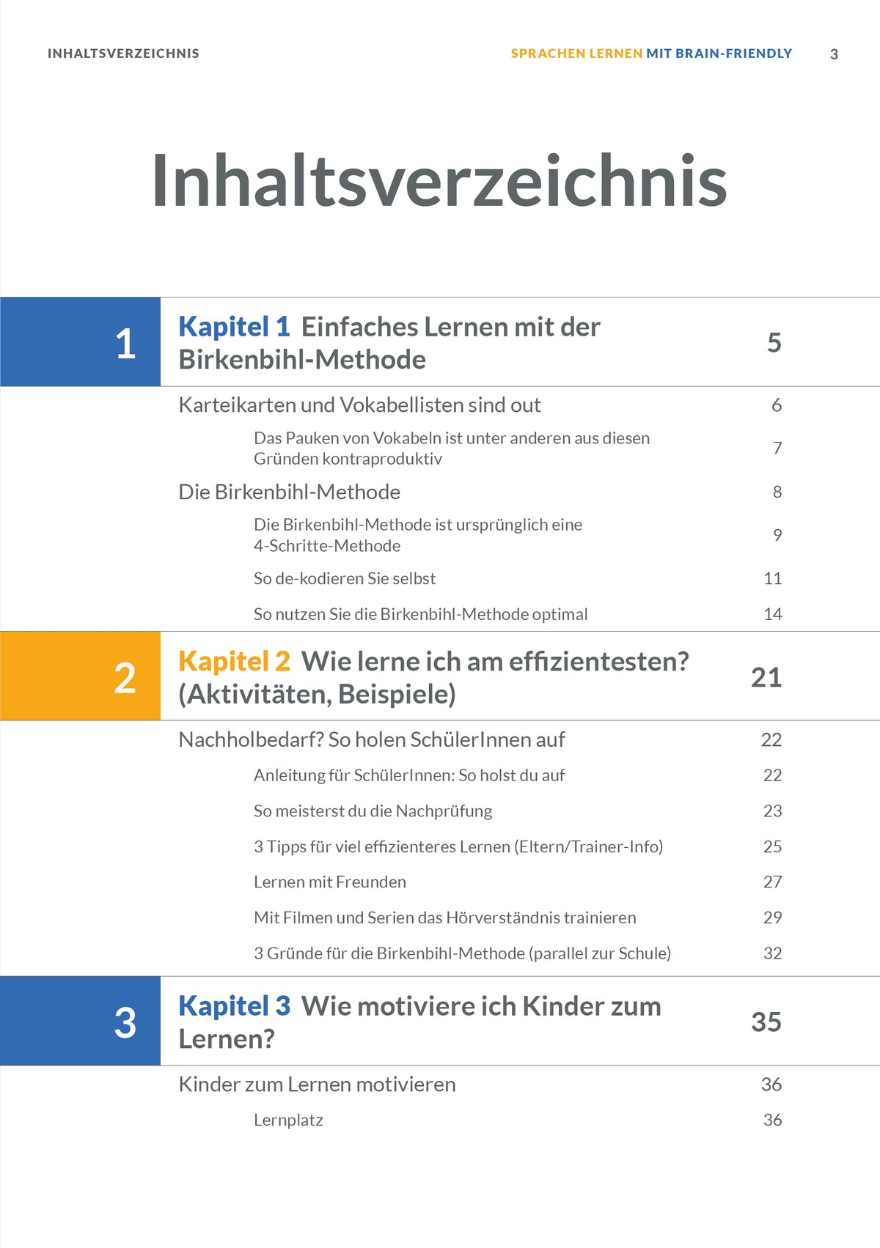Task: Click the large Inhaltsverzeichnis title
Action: point(439,181)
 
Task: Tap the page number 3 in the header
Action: point(834,54)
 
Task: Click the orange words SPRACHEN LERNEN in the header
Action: point(576,53)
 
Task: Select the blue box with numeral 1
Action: point(81,342)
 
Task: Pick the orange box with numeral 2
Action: point(81,676)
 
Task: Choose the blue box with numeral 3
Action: point(81,1021)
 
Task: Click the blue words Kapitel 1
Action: point(234,327)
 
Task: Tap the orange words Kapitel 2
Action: point(234,661)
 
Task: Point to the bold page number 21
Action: point(766,677)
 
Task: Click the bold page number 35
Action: point(766,1022)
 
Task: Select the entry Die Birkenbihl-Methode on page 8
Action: point(289,492)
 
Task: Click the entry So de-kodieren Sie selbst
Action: point(345,578)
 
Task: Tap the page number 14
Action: point(772,614)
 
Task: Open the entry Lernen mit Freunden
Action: point(330,882)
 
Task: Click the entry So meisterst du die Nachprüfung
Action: point(373,811)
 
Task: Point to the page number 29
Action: point(772,917)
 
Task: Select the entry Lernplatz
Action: point(288,1120)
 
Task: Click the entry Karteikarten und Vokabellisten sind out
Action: point(359,405)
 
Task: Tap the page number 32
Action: point(772,953)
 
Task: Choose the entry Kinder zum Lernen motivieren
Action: point(317,1085)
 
